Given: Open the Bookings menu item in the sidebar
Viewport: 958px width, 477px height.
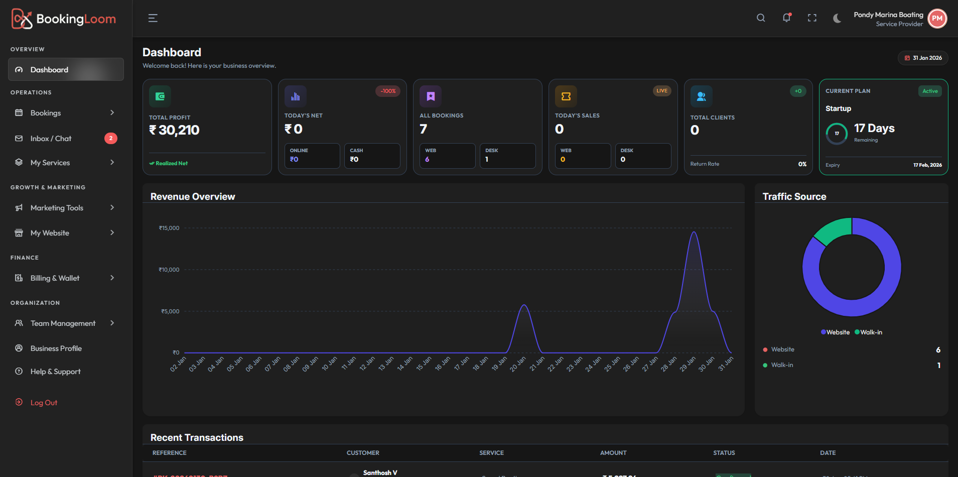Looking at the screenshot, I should (46, 113).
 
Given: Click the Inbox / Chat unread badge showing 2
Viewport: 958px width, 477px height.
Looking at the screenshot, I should (111, 138).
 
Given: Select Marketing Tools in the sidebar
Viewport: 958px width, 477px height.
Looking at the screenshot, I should (57, 208).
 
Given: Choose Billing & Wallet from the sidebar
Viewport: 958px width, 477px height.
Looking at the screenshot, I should (55, 278).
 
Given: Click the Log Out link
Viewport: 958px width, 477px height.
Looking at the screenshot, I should (44, 403).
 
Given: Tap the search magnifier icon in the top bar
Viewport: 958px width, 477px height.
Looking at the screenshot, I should (761, 18).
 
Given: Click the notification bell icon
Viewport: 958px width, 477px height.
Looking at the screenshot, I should (786, 18).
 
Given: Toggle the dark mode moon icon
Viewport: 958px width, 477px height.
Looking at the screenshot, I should (837, 18).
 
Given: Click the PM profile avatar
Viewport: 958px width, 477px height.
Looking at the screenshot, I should (937, 19).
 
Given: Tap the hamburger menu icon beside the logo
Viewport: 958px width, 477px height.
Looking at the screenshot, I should (153, 19).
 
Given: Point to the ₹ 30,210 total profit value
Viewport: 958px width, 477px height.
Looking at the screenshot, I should (174, 131).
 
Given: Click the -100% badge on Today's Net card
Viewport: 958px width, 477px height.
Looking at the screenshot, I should (388, 91).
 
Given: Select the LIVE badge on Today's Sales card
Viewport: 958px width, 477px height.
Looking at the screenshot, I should (662, 91).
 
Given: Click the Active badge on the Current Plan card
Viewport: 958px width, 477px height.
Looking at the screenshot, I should (930, 91).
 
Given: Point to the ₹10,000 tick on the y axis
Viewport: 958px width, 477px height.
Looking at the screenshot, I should (169, 270).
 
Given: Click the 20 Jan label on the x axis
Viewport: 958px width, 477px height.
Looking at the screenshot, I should (518, 364).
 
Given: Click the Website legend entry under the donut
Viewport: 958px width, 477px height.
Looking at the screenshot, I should (836, 332).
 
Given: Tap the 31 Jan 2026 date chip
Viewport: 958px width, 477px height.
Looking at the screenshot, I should (923, 58).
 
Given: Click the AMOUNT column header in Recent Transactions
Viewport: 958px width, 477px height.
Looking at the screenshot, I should (613, 453).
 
